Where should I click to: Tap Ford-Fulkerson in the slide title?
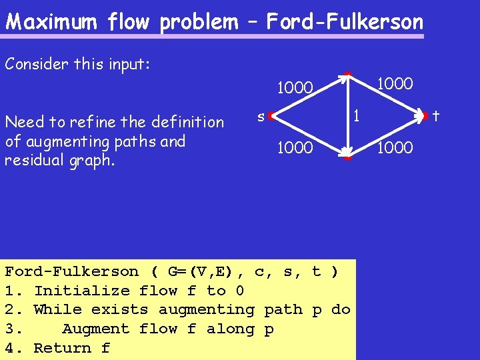click(345, 22)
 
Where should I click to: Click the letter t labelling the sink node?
click(436, 116)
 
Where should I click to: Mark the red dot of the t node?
click(425, 117)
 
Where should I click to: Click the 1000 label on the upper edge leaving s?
click(295, 89)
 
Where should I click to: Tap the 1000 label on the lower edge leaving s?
click(295, 147)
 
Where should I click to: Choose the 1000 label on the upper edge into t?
click(395, 83)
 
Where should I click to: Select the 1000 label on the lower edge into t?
click(395, 147)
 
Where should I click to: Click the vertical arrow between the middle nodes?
click(347, 116)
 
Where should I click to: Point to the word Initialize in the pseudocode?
click(81, 291)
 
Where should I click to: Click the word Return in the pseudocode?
click(62, 348)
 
